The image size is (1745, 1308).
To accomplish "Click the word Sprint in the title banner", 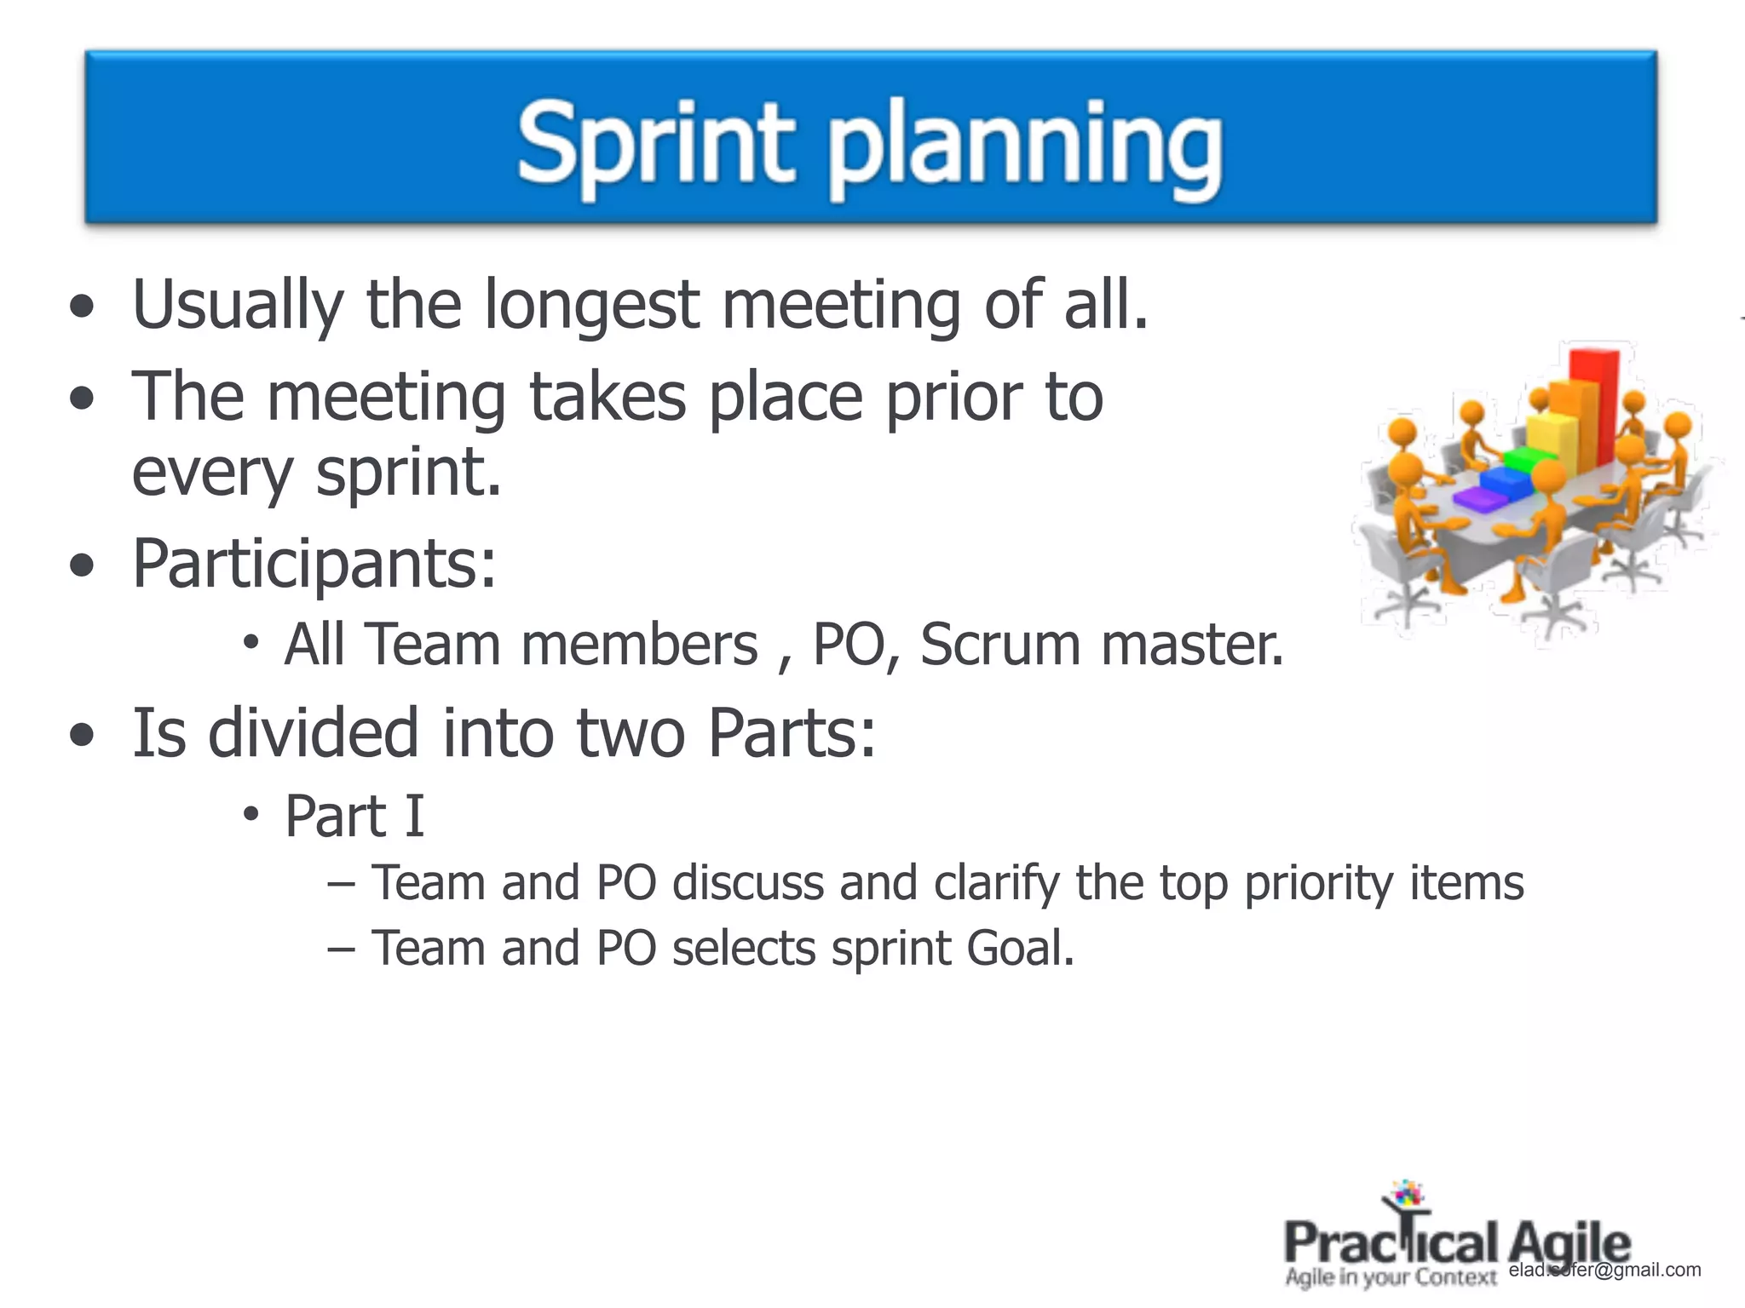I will pos(654,143).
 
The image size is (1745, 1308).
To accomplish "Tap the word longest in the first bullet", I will pos(591,305).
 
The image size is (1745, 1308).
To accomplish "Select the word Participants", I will pos(314,565).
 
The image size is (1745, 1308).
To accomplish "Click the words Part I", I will pos(354,816).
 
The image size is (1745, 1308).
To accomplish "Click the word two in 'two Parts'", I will pos(631,733).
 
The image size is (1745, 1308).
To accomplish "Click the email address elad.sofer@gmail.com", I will pos(1604,1270).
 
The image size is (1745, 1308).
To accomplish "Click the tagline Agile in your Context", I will pos(1390,1277).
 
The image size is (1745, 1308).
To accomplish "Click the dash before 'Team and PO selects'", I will pos(340,949).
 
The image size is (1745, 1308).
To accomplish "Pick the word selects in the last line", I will pos(744,948).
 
